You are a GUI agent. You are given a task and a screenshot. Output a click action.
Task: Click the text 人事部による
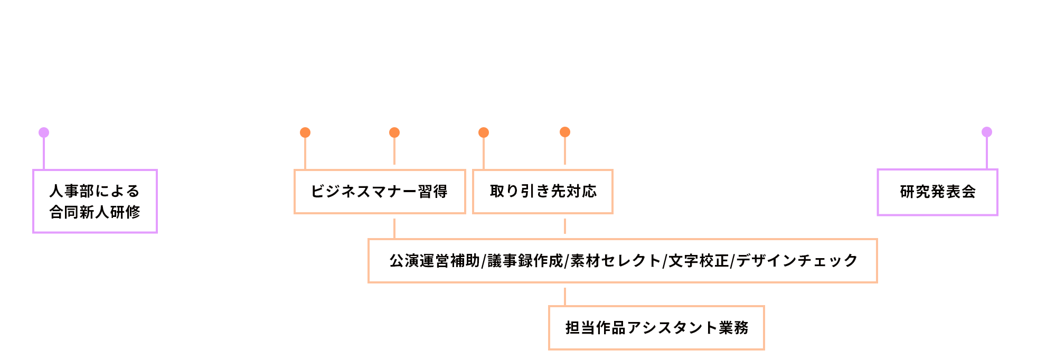[x=95, y=191]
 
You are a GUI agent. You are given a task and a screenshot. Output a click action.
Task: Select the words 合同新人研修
[x=95, y=212]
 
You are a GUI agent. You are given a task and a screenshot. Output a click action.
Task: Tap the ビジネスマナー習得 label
[x=379, y=192]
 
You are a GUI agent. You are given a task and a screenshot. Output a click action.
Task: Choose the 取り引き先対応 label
[x=543, y=192]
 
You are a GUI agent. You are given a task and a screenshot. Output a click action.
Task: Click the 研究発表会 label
[x=937, y=192]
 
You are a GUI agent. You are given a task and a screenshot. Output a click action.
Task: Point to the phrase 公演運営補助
[x=435, y=261]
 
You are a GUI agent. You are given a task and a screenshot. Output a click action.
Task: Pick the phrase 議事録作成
[x=525, y=261]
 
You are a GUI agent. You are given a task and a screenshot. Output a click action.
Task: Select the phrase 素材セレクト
[x=616, y=261]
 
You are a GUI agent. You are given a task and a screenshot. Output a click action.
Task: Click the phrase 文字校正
[x=698, y=261]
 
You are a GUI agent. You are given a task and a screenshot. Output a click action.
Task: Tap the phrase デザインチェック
[x=797, y=261]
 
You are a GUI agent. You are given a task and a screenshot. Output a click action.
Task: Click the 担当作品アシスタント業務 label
[x=656, y=328]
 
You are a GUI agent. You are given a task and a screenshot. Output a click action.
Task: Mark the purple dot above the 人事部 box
[x=44, y=132]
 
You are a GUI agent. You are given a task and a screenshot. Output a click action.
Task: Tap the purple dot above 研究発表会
[x=986, y=132]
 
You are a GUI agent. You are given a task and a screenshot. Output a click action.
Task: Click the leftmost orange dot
[x=305, y=132]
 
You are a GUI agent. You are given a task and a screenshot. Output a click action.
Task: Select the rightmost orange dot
[x=565, y=132]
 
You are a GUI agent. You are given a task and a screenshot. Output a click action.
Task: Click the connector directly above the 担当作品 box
[x=565, y=297]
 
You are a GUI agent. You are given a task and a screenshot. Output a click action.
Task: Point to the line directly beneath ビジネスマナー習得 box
[x=394, y=228]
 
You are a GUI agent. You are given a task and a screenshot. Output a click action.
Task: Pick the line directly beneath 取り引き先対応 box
[x=565, y=226]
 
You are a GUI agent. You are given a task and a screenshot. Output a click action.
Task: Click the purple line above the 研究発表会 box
[x=986, y=153]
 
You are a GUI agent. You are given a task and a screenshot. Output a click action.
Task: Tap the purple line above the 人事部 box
[x=44, y=154]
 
